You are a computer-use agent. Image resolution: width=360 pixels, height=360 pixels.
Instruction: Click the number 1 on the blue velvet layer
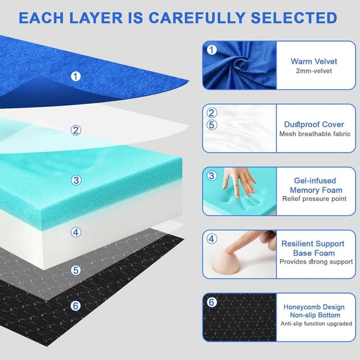pyautogui.click(x=76, y=76)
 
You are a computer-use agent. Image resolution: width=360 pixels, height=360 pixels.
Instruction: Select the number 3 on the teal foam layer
pyautogui.click(x=76, y=181)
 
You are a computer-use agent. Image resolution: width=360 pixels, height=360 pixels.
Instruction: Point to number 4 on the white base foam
pyautogui.click(x=76, y=232)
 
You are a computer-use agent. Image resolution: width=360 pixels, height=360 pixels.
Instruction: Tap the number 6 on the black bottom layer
pyautogui.click(x=76, y=307)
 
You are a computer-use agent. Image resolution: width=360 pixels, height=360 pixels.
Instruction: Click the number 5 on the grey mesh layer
pyautogui.click(x=76, y=270)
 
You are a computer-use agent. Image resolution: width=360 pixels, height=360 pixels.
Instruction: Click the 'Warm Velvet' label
pyautogui.click(x=313, y=61)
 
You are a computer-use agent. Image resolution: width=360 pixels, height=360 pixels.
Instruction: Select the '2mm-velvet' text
pyautogui.click(x=313, y=71)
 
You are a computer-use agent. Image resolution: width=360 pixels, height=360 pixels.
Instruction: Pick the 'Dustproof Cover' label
pyautogui.click(x=314, y=124)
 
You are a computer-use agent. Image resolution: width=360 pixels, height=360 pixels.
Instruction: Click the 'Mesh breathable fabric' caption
pyautogui.click(x=314, y=134)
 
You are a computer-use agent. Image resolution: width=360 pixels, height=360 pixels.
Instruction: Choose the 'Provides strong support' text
pyautogui.click(x=316, y=262)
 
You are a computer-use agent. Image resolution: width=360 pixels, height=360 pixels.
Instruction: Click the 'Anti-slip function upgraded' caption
pyautogui.click(x=317, y=323)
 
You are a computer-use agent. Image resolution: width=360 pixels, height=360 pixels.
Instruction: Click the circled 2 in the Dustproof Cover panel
pyautogui.click(x=211, y=112)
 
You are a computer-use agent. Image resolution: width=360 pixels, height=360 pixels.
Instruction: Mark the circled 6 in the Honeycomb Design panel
pyautogui.click(x=211, y=302)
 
